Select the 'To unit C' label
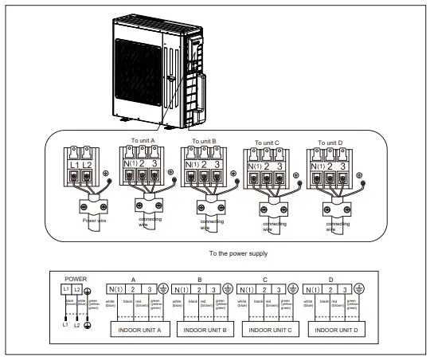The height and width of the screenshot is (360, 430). pyautogui.click(x=268, y=143)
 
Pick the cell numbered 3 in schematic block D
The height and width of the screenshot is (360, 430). pyautogui.click(x=346, y=291)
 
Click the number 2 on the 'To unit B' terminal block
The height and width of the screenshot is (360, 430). pyautogui.click(x=204, y=165)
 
